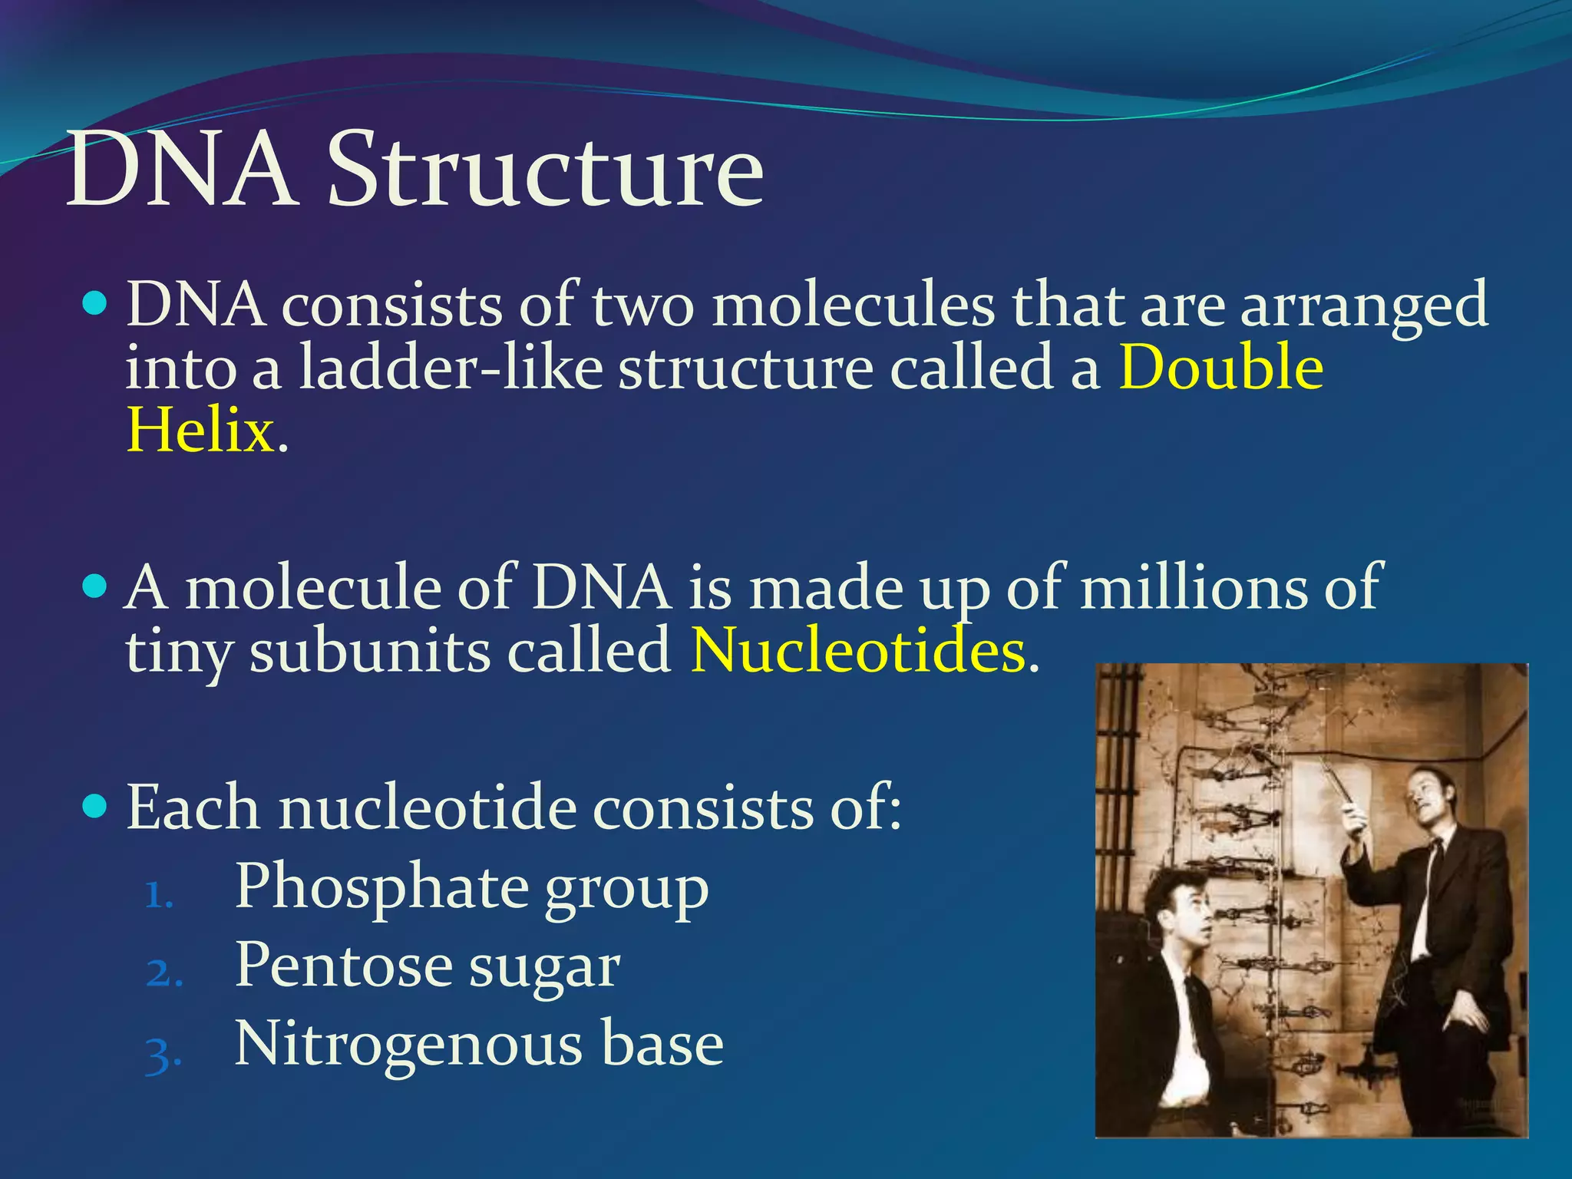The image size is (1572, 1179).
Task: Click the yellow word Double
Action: click(1220, 368)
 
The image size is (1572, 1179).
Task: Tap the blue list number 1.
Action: click(159, 894)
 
